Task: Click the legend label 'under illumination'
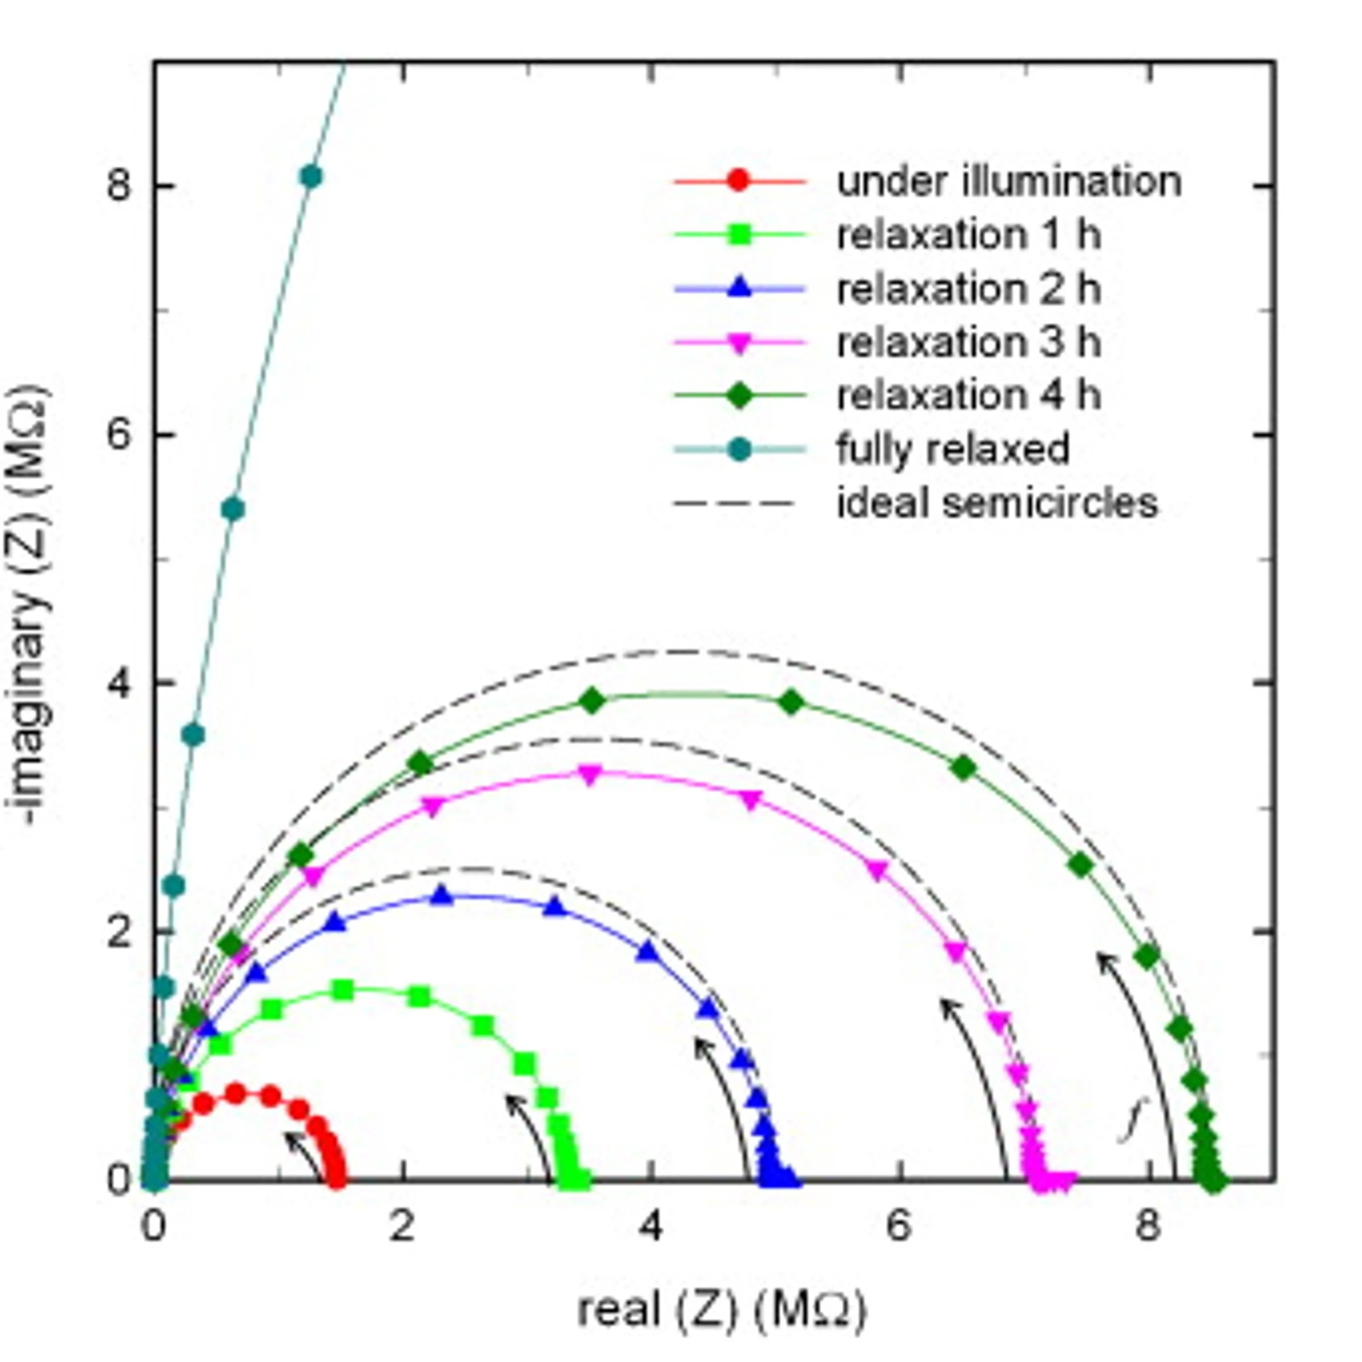[1009, 181]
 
